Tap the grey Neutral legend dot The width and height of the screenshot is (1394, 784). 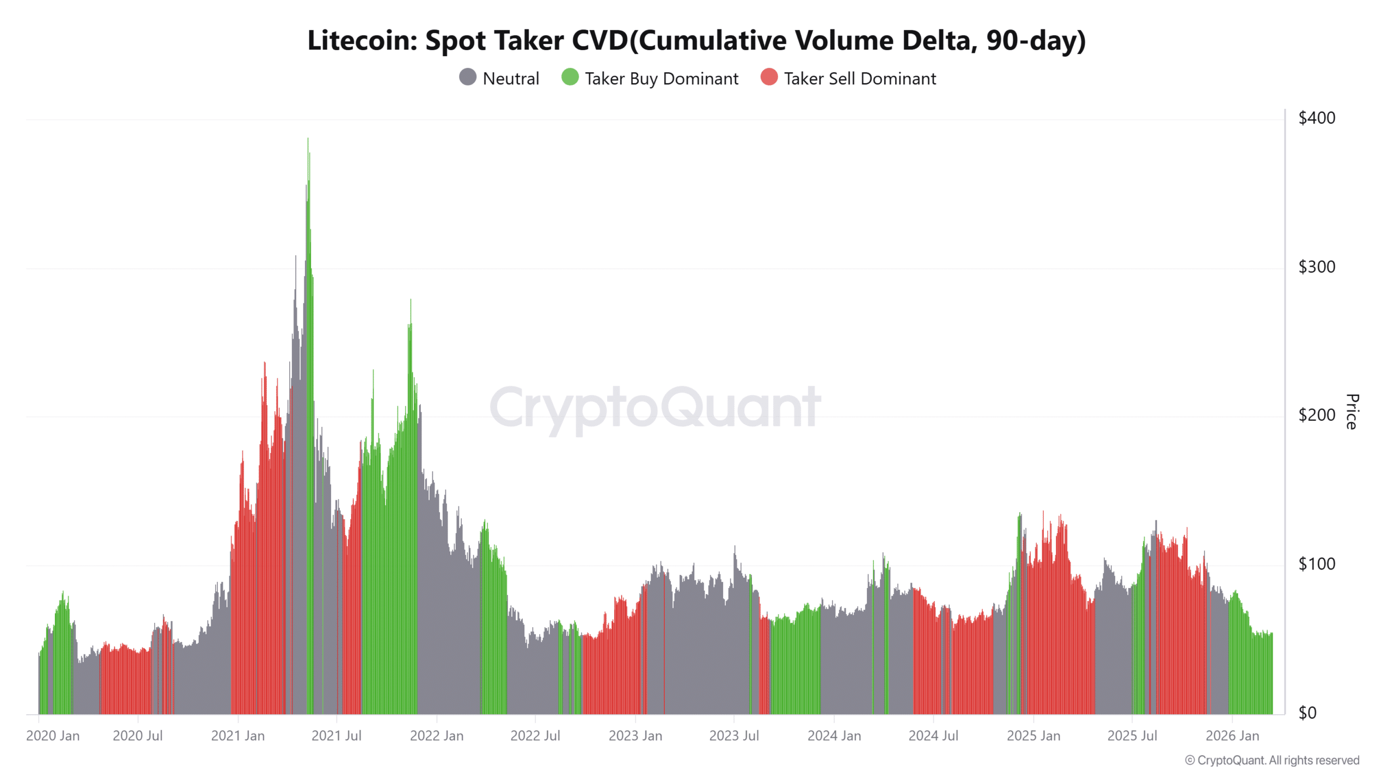(467, 77)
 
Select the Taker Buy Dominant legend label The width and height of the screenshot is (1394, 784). (661, 78)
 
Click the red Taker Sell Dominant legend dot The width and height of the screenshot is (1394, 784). (768, 77)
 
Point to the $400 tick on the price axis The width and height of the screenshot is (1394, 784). (1316, 118)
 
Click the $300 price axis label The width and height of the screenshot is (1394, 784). (1316, 267)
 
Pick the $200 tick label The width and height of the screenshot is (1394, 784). (1316, 415)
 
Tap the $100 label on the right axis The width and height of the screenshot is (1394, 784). (1316, 564)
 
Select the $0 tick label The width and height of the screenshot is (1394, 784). (1307, 713)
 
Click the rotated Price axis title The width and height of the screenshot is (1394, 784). (1352, 412)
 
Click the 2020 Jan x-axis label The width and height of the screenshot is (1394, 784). (53, 736)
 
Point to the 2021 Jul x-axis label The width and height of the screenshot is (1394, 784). (336, 736)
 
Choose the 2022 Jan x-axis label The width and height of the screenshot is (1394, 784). (436, 736)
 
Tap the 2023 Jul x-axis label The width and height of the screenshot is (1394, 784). (733, 736)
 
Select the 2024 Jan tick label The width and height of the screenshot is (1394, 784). (834, 736)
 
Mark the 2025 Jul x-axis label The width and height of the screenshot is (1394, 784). (1132, 736)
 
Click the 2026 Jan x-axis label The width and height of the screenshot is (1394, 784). (1232, 736)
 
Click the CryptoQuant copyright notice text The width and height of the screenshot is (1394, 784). (1271, 761)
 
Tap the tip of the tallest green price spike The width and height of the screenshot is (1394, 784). (308, 139)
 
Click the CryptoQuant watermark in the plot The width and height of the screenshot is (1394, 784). (655, 407)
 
